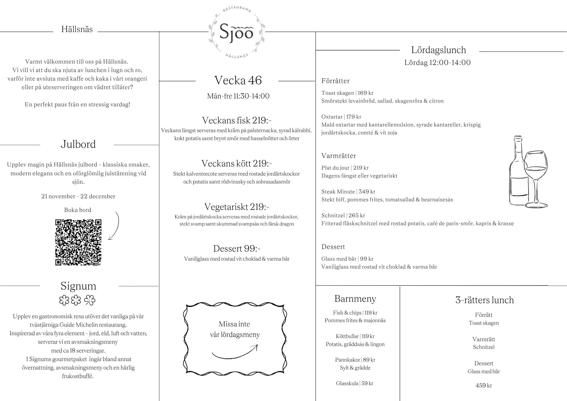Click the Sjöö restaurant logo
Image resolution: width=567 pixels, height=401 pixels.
tap(236, 32)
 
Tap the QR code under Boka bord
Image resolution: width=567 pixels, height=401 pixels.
tap(78, 242)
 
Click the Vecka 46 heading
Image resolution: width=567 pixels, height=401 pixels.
tap(238, 80)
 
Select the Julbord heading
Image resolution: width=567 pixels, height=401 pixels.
tap(78, 144)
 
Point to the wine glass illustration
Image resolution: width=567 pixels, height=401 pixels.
tap(536, 179)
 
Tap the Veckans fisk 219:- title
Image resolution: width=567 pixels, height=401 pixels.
tap(237, 120)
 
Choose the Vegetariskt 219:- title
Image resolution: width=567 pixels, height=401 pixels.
tap(237, 207)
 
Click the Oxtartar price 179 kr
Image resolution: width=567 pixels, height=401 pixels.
tap(354, 117)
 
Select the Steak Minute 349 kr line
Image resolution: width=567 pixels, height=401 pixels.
tap(348, 192)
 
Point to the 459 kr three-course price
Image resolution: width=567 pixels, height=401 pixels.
tap(484, 385)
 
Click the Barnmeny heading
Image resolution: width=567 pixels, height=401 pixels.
tap(355, 299)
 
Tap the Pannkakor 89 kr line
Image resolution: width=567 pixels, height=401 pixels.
tap(355, 360)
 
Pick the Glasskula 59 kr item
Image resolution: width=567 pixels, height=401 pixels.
tap(355, 383)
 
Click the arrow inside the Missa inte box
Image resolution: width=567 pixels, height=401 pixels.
tap(235, 352)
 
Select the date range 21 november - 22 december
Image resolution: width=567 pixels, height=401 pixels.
tap(78, 196)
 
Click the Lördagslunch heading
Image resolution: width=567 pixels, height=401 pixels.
tap(439, 50)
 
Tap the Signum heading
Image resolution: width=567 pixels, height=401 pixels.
tap(79, 286)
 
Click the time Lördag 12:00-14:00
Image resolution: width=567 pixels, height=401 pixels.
tap(437, 63)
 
